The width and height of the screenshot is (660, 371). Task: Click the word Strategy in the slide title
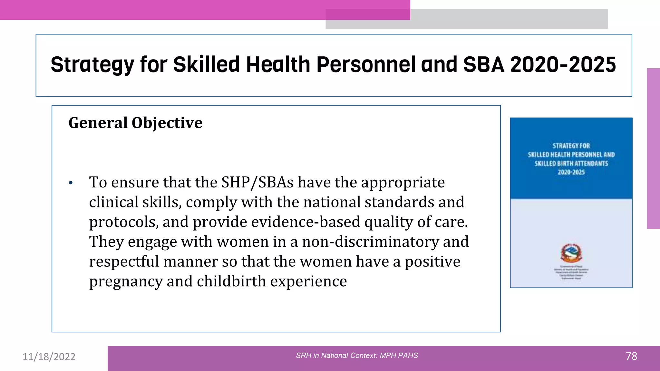click(x=92, y=65)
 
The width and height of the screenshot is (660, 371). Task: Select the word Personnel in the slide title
click(x=366, y=65)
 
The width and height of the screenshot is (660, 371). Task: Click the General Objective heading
click(x=135, y=123)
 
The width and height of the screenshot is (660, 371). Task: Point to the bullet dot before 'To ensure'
click(x=71, y=183)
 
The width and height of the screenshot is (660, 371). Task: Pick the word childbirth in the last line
click(x=231, y=281)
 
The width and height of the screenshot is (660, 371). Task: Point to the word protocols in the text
click(x=123, y=222)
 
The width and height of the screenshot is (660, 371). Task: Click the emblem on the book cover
click(x=571, y=252)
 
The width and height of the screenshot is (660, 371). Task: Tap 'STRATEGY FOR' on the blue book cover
click(x=571, y=146)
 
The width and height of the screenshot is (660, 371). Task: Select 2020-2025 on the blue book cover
click(x=571, y=172)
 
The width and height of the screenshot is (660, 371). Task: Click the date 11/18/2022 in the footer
click(x=49, y=357)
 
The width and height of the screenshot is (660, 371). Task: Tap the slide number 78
click(x=631, y=356)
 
